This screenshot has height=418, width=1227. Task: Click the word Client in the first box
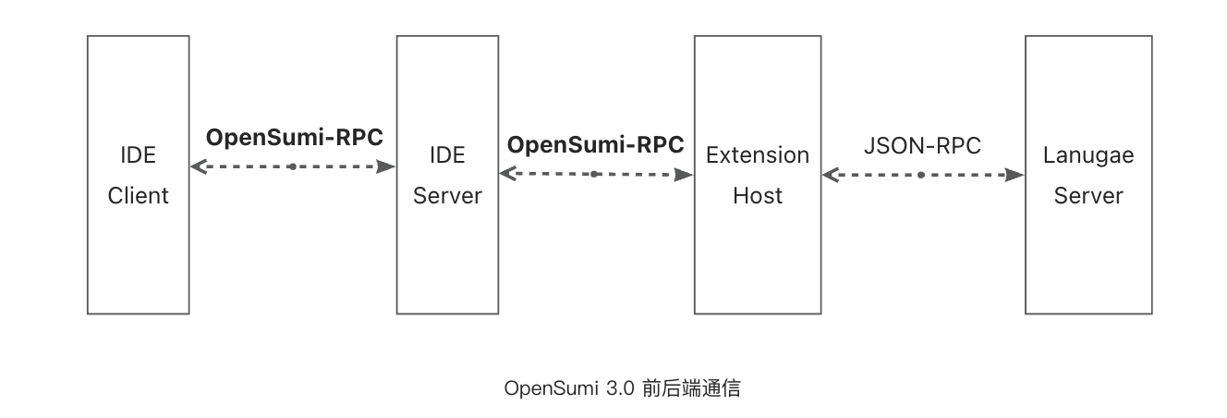[139, 196]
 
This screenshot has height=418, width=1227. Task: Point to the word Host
[758, 196]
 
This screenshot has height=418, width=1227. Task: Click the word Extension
[758, 155]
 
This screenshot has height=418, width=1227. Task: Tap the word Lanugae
[1088, 155]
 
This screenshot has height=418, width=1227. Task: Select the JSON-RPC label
[922, 146]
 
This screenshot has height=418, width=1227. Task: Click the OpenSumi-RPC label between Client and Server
[294, 138]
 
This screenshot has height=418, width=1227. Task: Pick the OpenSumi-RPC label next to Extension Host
[596, 145]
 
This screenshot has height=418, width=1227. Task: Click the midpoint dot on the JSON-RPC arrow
[921, 174]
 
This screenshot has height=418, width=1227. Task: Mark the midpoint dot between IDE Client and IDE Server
[292, 166]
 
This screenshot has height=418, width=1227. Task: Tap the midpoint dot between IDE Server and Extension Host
[594, 174]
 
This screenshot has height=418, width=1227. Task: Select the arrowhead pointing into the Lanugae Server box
[1016, 174]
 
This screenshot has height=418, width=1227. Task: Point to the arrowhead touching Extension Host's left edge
[686, 174]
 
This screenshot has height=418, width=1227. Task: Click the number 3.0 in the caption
[621, 388]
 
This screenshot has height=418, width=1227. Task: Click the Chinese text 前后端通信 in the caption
[691, 388]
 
